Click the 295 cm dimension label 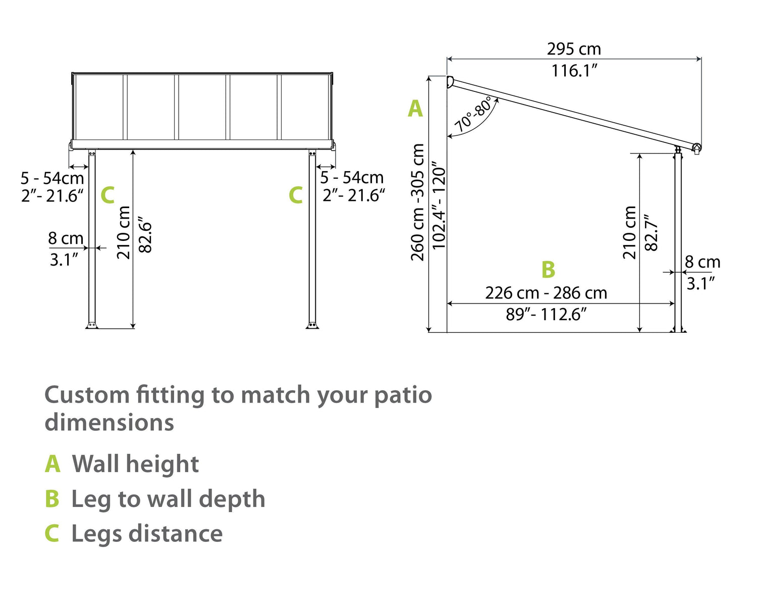click(x=574, y=49)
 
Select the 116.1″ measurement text click(x=574, y=71)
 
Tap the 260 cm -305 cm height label click(x=417, y=202)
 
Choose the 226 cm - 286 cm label click(x=546, y=293)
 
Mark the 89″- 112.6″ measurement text click(x=546, y=315)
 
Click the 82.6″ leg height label click(x=145, y=236)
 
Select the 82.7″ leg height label click(x=652, y=232)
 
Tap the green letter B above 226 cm click(x=548, y=270)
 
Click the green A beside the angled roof click(x=415, y=109)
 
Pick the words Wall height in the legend click(x=135, y=464)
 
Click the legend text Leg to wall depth click(x=168, y=499)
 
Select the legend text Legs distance click(x=147, y=534)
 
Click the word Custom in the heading click(x=87, y=395)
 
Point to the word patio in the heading click(x=403, y=395)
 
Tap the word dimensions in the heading click(x=109, y=423)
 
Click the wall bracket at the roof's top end click(x=450, y=82)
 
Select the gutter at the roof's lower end click(x=696, y=148)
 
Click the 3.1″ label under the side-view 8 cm click(x=700, y=284)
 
